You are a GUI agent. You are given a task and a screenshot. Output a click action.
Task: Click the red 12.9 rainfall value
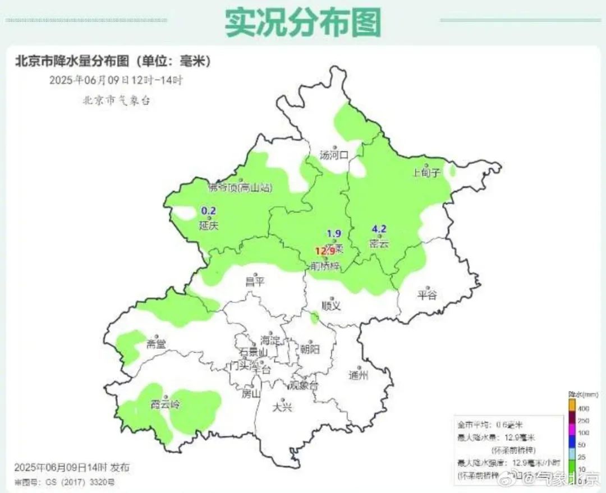pyautogui.click(x=324, y=251)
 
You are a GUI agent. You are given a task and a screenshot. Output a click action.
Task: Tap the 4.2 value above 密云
pyautogui.click(x=379, y=229)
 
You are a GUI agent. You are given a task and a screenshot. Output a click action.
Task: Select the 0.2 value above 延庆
pyautogui.click(x=209, y=211)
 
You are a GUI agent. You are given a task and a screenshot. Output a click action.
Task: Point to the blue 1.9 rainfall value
pyautogui.click(x=334, y=234)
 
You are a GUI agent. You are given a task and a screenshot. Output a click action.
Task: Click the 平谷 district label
pyautogui.click(x=427, y=296)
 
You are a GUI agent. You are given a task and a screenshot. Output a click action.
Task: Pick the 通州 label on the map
pyautogui.click(x=357, y=375)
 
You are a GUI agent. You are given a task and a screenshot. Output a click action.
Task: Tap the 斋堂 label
pyautogui.click(x=155, y=344)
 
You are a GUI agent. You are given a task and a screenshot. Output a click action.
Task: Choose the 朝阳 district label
pyautogui.click(x=310, y=349)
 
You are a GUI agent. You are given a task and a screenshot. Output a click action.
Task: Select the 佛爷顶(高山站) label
pyautogui.click(x=239, y=187)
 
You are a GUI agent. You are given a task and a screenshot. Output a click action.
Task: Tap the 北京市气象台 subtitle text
pyautogui.click(x=117, y=100)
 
